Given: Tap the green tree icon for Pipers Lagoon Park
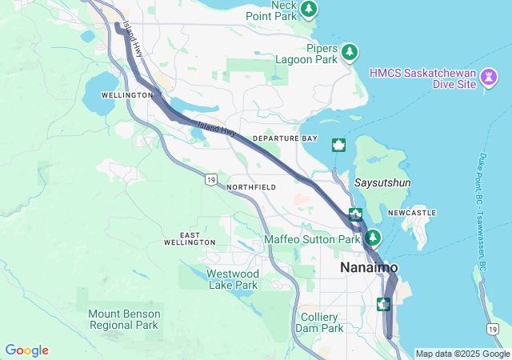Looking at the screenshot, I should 350,53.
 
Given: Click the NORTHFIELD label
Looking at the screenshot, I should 251,186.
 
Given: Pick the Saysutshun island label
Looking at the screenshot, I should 382,182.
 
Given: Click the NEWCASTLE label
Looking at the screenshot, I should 411,213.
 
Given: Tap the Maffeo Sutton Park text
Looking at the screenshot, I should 312,239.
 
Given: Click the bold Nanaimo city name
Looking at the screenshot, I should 369,266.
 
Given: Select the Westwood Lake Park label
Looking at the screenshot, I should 232,279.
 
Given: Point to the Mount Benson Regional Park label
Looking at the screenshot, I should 124,319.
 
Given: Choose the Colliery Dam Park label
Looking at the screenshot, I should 319,322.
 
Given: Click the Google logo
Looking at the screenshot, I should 26,350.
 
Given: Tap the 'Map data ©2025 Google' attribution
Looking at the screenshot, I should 462,354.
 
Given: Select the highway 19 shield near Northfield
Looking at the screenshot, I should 210,179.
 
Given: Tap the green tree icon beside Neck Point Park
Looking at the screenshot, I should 309,10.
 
